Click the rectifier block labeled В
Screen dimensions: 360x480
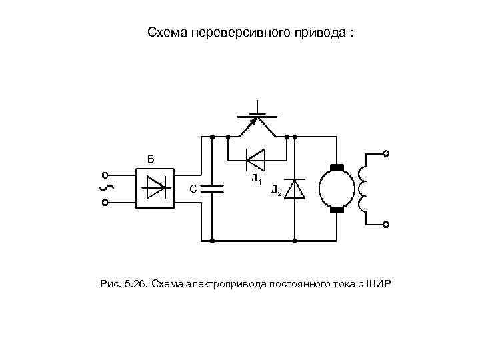click(x=155, y=188)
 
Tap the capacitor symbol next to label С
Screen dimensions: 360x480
click(x=212, y=187)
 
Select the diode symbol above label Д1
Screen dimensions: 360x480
click(x=255, y=159)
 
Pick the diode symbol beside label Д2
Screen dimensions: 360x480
click(x=294, y=189)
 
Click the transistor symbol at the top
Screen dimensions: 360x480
click(x=257, y=119)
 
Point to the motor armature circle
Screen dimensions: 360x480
click(x=336, y=189)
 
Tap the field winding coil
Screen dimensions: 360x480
click(x=363, y=189)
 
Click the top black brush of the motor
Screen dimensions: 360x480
click(x=336, y=167)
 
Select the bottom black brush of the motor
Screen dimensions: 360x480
click(x=336, y=211)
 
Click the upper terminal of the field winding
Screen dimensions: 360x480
click(x=386, y=153)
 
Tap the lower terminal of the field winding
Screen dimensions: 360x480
click(x=386, y=225)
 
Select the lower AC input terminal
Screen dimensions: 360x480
click(x=105, y=203)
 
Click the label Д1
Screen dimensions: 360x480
click(x=255, y=179)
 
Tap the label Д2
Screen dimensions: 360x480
click(x=276, y=191)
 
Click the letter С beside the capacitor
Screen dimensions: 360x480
click(x=193, y=189)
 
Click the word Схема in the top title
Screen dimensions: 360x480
click(x=167, y=32)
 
